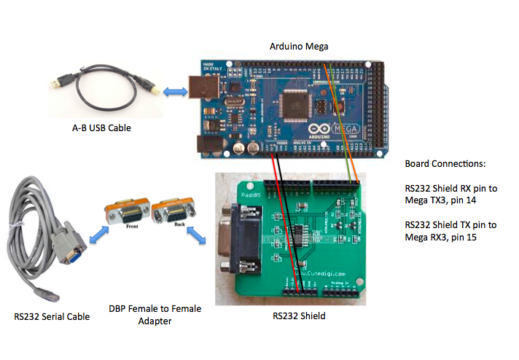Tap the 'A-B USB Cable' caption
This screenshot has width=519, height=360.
pyautogui.click(x=101, y=128)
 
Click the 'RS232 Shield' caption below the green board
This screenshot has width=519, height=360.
pyautogui.click(x=299, y=316)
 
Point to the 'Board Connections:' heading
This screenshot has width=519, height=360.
pyautogui.click(x=445, y=163)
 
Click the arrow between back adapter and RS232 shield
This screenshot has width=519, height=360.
pyautogui.click(x=195, y=235)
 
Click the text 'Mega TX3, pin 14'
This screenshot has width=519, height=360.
pyautogui.click(x=440, y=197)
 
